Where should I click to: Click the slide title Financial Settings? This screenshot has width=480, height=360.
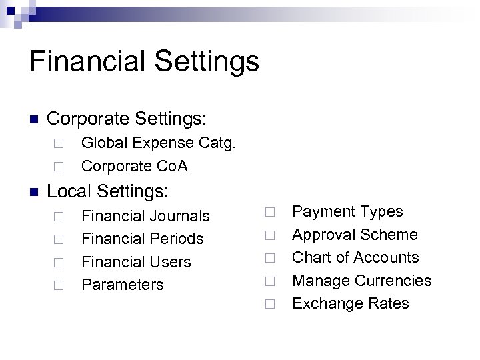tap(144, 61)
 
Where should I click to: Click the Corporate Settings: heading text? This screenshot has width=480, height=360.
tap(128, 120)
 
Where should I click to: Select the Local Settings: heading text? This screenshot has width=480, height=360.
tap(109, 192)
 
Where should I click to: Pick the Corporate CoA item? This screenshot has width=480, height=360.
tap(134, 166)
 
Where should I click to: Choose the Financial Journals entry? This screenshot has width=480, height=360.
tap(145, 216)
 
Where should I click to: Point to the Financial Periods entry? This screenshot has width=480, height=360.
tap(142, 239)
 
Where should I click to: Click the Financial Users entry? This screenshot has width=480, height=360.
tap(136, 262)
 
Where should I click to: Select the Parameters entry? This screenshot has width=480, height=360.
tap(122, 285)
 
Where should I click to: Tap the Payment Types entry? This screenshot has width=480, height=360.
tap(348, 211)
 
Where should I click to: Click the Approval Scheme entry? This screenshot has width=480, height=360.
tap(355, 235)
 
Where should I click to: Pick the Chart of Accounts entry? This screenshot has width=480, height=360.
tap(356, 257)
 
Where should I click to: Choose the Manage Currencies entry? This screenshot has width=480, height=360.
tap(362, 281)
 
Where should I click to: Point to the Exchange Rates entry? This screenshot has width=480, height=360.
tap(351, 303)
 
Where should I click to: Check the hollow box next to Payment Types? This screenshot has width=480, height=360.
tap(269, 213)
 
